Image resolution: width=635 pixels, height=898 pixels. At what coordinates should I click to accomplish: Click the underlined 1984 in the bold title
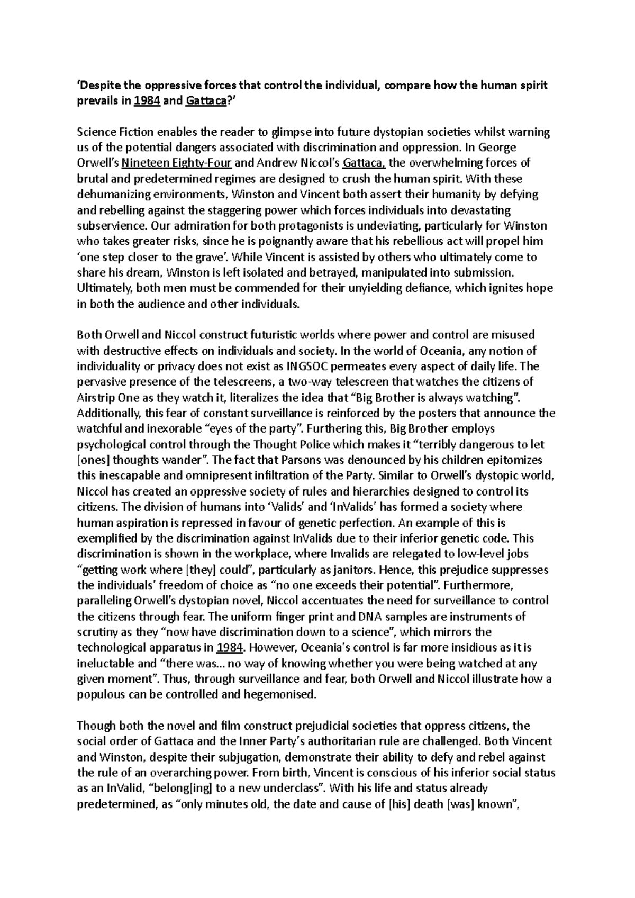click(147, 100)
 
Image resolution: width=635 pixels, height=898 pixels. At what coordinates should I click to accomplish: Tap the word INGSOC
click(308, 366)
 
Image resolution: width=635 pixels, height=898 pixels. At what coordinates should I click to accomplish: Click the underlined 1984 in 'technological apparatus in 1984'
click(230, 648)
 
